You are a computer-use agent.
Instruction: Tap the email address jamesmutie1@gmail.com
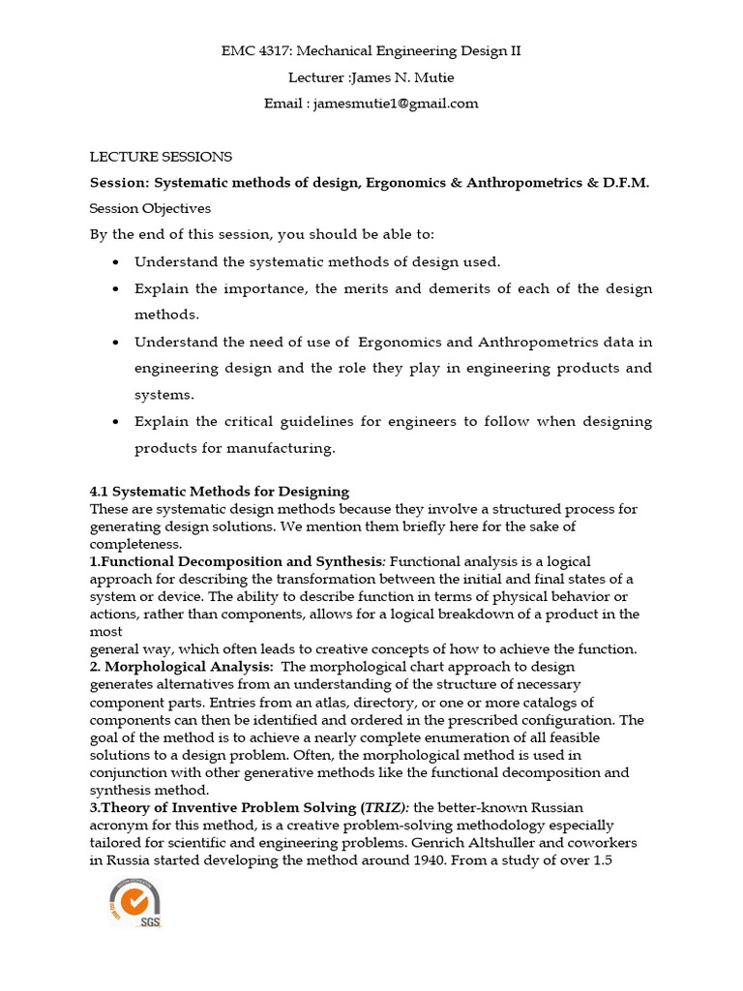pos(394,104)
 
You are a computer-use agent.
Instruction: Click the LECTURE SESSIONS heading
pos(161,156)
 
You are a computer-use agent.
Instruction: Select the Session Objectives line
pos(150,208)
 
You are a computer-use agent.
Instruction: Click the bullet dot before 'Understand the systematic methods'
pos(116,262)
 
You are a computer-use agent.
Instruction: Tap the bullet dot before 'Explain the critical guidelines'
pos(116,422)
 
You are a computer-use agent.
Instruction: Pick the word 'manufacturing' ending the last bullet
pos(287,448)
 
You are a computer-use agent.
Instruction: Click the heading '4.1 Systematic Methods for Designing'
pos(220,492)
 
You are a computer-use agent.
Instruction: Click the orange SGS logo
pos(135,901)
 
